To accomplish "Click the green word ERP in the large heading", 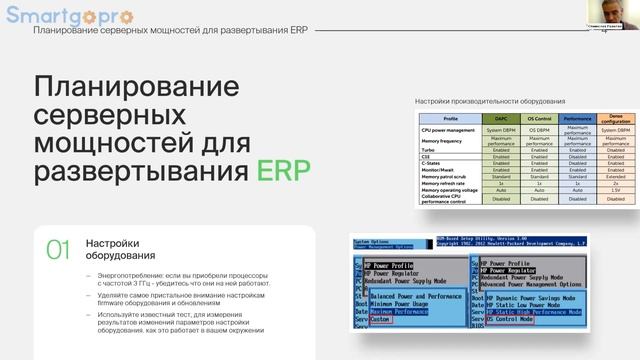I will click(x=283, y=168).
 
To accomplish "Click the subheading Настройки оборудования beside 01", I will click(x=113, y=249).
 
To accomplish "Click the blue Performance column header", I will click(x=578, y=119).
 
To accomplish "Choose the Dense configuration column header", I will click(x=616, y=119).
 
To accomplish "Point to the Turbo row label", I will click(x=431, y=150).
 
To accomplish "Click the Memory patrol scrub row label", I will click(x=446, y=177).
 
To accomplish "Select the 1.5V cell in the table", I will click(x=616, y=189).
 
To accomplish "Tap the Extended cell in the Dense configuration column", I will click(x=616, y=177).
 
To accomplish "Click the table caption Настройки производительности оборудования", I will click(x=490, y=102).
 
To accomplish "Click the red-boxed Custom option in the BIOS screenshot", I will click(x=381, y=319).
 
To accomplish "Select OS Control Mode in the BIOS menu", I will click(x=511, y=319).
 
